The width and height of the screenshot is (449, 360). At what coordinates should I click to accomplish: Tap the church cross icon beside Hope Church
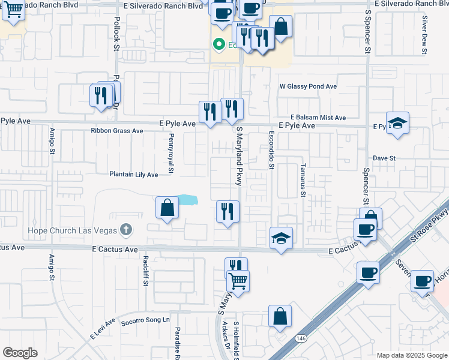point(125,229)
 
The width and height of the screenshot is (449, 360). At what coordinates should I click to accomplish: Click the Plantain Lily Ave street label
point(133,175)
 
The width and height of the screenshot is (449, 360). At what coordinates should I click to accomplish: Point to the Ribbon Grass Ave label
point(117,130)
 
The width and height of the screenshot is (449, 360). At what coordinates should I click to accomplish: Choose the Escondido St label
point(271,150)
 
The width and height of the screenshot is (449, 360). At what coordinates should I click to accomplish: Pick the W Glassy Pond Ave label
point(308,86)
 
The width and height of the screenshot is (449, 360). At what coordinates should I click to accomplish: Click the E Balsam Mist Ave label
point(318,118)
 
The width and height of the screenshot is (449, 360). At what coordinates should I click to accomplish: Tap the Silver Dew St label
point(424,35)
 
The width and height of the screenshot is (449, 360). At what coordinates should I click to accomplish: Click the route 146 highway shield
point(298,340)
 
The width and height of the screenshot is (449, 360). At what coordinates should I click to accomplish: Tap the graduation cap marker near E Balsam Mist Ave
point(397,123)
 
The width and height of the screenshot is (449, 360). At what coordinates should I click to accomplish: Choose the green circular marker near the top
point(219,44)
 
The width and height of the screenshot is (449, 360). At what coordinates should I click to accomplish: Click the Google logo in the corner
point(20,353)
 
